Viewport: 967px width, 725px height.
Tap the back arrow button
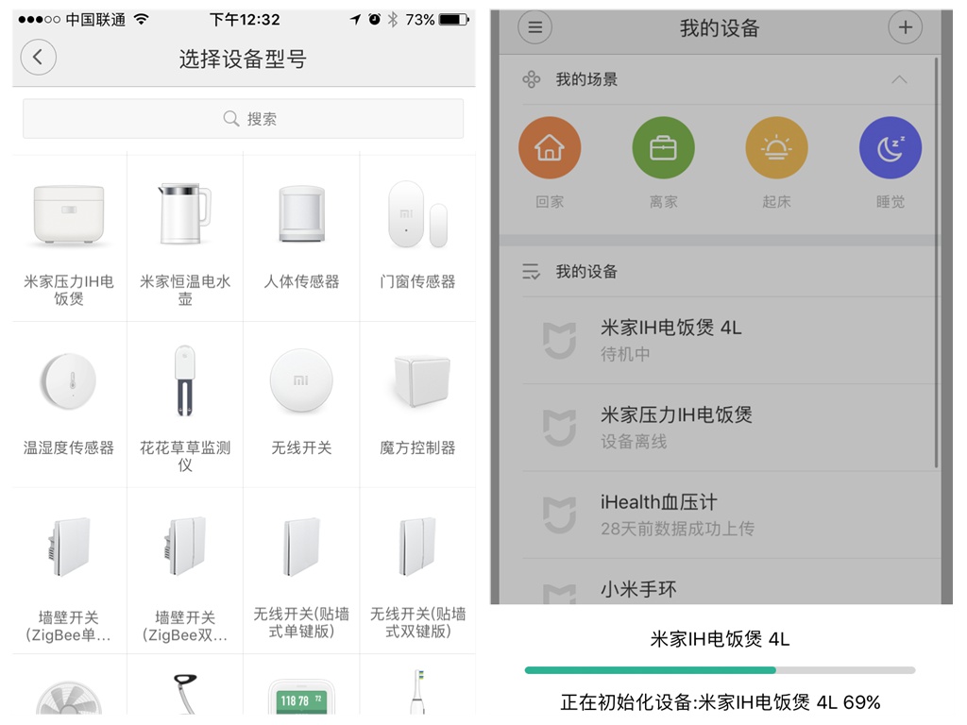38,58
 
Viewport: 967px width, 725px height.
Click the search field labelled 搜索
243,118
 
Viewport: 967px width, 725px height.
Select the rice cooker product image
68,214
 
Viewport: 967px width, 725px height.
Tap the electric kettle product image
184,213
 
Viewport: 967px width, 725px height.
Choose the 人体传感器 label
301,281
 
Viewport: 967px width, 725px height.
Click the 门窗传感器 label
417,281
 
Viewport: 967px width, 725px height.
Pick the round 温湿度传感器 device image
68,381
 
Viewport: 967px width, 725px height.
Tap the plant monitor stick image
184,380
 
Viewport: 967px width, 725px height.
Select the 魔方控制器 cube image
422,380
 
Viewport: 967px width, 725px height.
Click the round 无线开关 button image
301,380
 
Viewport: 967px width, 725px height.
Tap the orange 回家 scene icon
550,148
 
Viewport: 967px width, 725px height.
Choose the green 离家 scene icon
663,148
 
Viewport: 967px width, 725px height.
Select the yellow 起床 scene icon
776,148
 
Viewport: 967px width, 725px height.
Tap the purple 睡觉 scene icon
890,148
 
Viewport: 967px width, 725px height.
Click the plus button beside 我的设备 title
905,27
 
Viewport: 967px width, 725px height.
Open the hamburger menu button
534,27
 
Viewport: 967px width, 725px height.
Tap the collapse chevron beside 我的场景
899,79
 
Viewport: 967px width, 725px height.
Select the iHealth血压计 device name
658,502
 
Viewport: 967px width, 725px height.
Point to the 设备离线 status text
634,442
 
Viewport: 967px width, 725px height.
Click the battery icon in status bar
454,20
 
